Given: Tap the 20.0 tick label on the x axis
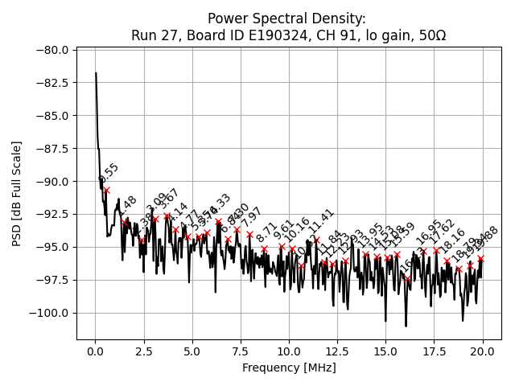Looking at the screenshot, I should pos(483,351).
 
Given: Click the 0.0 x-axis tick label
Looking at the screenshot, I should pos(95,351).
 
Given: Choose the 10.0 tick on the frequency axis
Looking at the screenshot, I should pos(289,351).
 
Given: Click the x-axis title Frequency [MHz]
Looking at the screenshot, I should pos(289,368).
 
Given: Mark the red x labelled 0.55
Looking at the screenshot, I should pos(106,190).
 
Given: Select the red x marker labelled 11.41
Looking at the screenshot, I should pos(316,240).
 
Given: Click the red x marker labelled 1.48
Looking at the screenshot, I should pos(124,222).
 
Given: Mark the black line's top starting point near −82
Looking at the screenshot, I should pos(96,73).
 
